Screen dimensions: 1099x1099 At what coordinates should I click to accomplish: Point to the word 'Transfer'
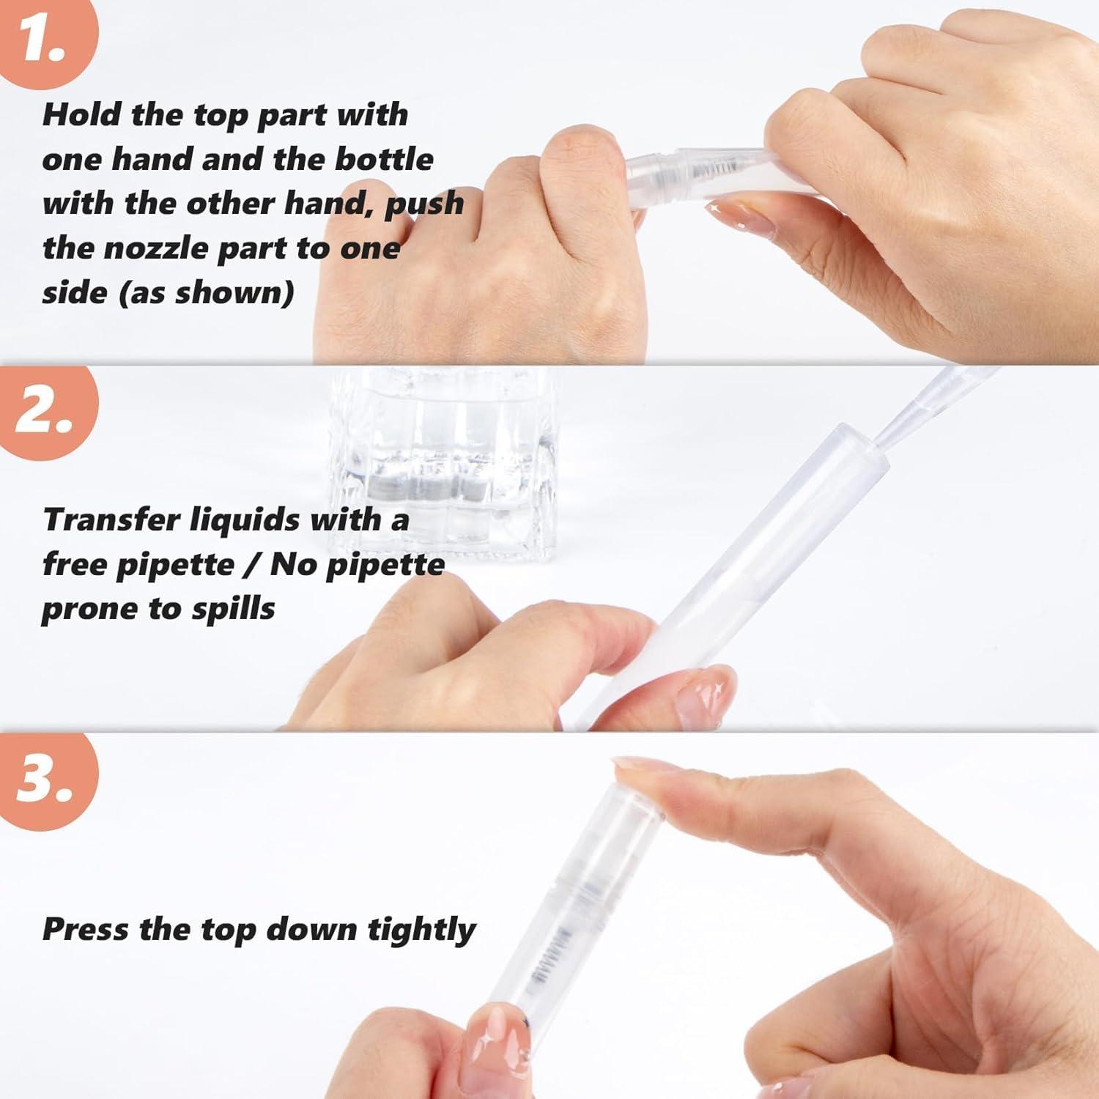[111, 520]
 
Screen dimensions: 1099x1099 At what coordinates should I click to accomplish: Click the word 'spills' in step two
[233, 609]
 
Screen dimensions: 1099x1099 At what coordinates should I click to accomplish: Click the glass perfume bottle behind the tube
[440, 469]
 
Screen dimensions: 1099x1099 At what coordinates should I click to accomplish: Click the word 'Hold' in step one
[81, 115]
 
